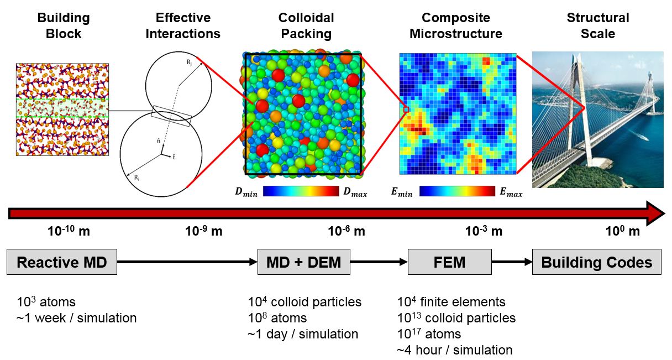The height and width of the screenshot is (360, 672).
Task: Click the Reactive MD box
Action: click(61, 262)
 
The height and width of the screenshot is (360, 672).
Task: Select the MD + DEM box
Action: click(303, 262)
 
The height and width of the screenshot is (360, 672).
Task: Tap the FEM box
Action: click(449, 262)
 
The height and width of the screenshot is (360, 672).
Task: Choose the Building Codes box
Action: click(596, 262)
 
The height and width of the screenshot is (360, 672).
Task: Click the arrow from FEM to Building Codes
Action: click(511, 262)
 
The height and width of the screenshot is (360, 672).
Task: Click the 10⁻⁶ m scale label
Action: click(347, 231)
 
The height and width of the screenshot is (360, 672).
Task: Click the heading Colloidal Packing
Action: click(306, 25)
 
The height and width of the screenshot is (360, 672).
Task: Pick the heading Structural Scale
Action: click(598, 25)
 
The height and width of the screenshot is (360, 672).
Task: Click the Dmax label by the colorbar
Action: click(354, 193)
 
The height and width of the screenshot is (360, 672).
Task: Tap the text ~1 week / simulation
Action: click(76, 318)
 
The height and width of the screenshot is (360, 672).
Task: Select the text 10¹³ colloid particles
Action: click(456, 318)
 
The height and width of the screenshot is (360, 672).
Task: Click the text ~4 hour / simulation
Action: click(454, 349)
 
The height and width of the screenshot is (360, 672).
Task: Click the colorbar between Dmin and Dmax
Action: click(301, 192)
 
